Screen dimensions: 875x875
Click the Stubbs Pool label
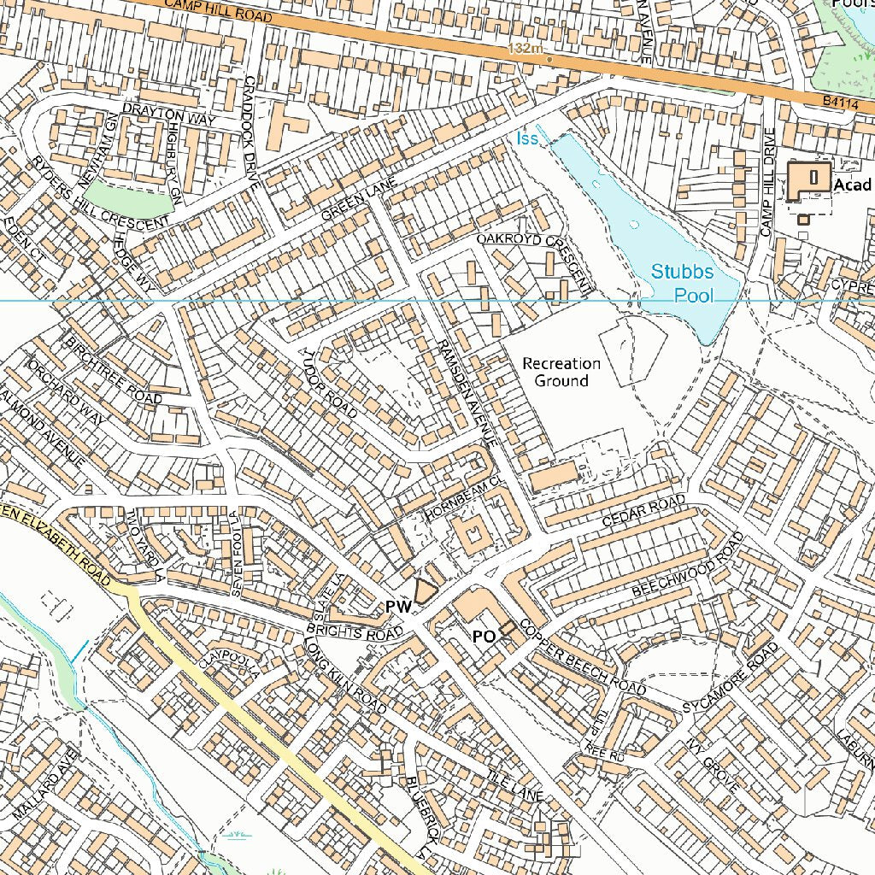[x=682, y=284]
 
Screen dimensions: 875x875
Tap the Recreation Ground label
[x=561, y=373]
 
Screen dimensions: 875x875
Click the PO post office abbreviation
[x=484, y=637]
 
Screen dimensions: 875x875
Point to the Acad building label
[x=852, y=185]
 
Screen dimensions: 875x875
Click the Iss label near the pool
[x=527, y=138]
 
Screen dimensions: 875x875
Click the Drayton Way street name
[x=169, y=115]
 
